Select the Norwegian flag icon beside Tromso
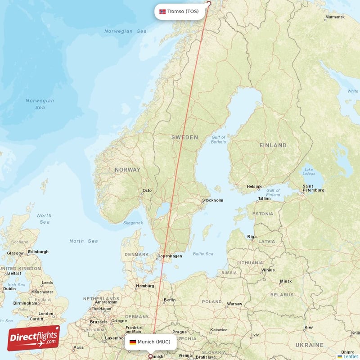point(162,11)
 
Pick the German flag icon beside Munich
point(133,342)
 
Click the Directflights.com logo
point(33,338)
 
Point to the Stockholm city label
point(212,200)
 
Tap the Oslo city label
point(147,190)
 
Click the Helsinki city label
point(255,186)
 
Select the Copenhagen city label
point(169,256)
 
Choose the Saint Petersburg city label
point(314,188)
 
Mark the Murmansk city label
point(334,17)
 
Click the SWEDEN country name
point(184,137)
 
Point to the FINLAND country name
point(273,145)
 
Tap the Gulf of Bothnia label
point(218,139)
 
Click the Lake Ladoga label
point(309,171)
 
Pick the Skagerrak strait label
point(133,223)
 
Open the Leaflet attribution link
point(350,356)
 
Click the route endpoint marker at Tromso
point(208,4)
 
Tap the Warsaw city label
point(234,304)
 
